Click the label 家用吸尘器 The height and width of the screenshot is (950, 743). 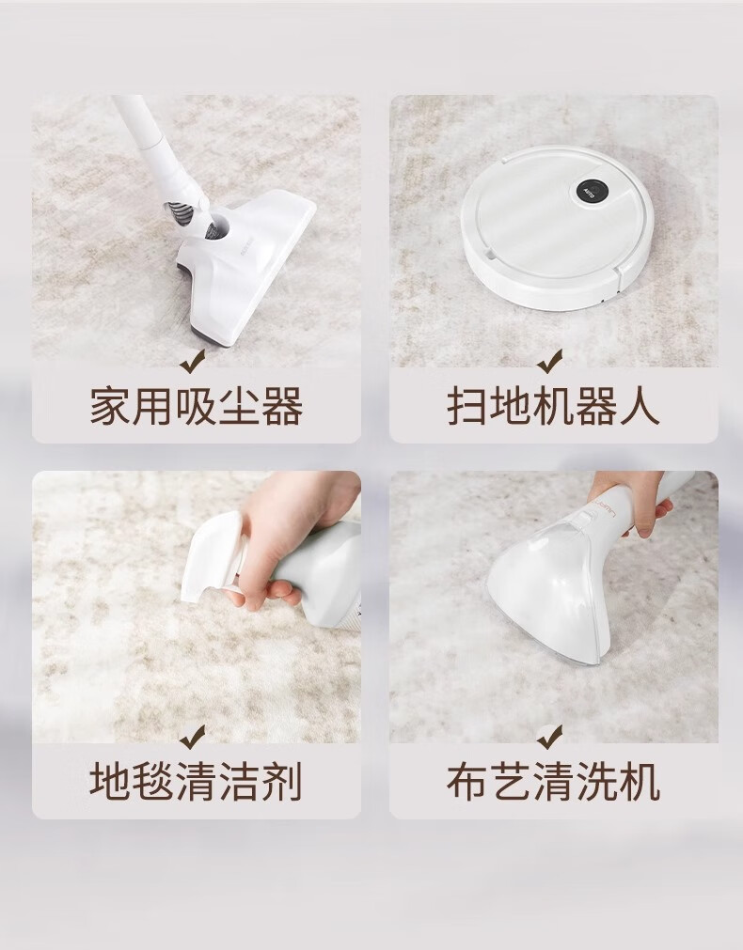coord(196,408)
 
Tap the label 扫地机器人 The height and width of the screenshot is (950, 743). coord(553,408)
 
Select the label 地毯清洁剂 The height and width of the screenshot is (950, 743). coord(196,781)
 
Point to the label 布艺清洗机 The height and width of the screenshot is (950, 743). coord(553,781)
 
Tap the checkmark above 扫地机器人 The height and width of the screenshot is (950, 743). coord(549,360)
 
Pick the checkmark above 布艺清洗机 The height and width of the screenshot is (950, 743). coord(549,735)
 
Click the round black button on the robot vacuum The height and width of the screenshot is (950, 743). coord(589,188)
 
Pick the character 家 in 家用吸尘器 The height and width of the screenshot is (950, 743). coord(110,408)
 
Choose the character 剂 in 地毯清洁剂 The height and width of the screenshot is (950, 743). coord(282,781)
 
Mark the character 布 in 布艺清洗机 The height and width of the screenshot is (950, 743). coord(467,781)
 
